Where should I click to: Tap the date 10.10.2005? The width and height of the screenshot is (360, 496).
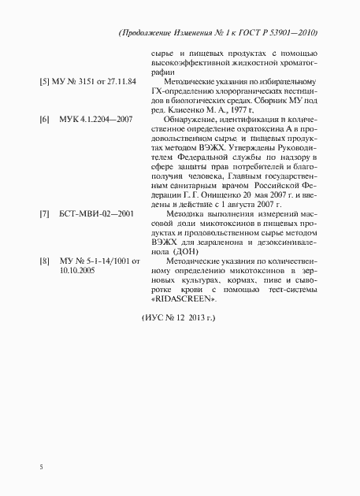[x=77, y=269]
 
